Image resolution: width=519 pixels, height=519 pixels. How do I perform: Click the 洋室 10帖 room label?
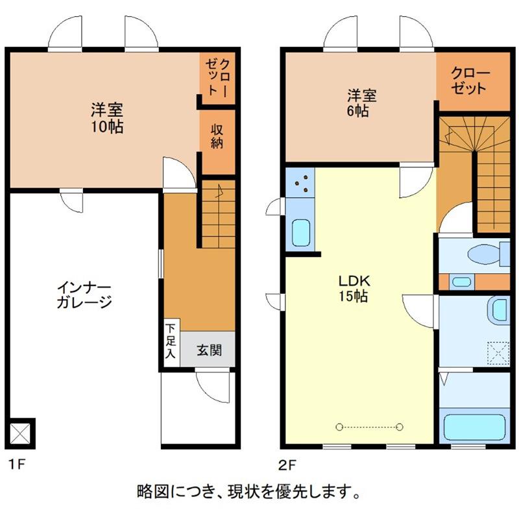point(107,118)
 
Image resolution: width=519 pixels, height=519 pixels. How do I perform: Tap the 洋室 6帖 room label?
point(361,103)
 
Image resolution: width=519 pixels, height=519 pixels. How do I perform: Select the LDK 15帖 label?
point(354,288)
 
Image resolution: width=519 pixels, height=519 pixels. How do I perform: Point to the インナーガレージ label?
point(84,296)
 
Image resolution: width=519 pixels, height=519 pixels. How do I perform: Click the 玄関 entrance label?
point(209,350)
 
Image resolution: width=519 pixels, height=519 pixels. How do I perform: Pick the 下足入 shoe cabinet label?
point(171,341)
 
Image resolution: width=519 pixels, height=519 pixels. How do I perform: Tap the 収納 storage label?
point(217,136)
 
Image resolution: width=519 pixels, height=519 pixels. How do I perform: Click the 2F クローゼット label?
point(470,80)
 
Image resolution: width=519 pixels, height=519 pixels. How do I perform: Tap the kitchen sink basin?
point(301,233)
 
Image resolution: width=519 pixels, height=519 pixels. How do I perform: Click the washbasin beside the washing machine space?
point(499,310)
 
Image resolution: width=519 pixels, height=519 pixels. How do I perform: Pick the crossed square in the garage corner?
point(20,433)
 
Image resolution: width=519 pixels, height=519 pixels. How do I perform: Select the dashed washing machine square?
point(498,354)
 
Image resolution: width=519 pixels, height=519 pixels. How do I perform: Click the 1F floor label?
point(17,465)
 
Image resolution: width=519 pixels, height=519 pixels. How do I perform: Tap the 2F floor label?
point(287,465)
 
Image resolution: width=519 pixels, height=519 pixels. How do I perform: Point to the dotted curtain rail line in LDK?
point(369,427)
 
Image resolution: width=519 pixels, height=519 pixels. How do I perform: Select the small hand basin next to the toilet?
point(461,282)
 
